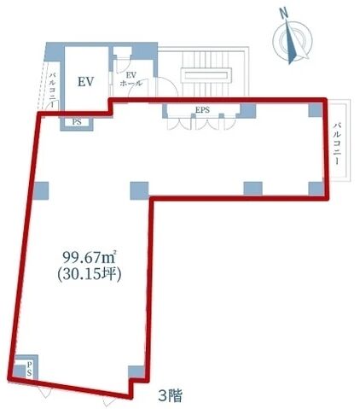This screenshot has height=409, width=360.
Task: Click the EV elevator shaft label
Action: [85, 82]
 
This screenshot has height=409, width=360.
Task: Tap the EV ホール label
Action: [131, 79]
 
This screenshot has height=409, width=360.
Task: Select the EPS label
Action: [202, 110]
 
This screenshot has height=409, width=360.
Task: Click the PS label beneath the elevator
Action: [77, 122]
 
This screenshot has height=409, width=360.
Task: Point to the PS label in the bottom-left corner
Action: [29, 369]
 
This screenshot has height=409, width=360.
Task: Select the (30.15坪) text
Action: [90, 275]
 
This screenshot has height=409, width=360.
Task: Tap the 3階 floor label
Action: [170, 395]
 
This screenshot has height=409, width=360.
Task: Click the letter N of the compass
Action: [282, 14]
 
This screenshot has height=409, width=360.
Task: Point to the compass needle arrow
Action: [292, 43]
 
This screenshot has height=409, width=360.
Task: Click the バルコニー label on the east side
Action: [338, 143]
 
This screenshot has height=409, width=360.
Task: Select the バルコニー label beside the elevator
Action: [53, 90]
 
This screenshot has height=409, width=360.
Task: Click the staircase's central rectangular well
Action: [206, 75]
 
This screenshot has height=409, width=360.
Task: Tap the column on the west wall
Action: [41, 190]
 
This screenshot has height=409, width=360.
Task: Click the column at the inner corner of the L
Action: [140, 190]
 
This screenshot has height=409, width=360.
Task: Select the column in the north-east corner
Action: [316, 110]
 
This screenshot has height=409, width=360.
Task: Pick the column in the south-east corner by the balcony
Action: [316, 188]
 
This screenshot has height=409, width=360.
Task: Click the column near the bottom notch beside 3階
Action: [136, 371]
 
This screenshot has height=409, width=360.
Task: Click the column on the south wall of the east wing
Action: [253, 188]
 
